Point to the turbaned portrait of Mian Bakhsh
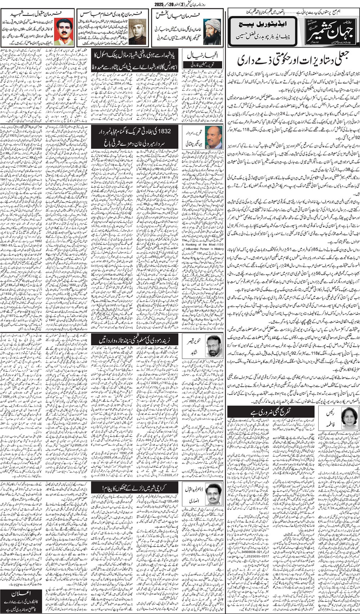tap(212, 30)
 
